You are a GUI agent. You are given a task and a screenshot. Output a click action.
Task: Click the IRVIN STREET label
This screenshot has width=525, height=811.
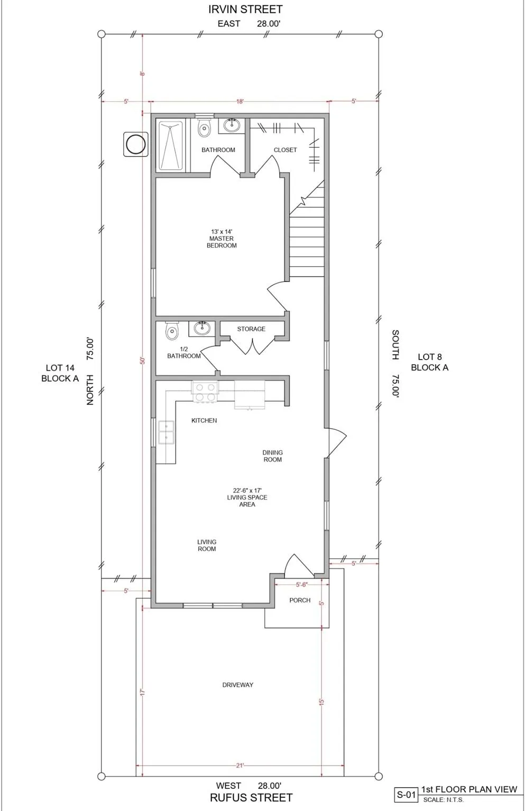(245, 10)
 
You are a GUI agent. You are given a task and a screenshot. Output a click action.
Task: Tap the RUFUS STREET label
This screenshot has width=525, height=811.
(251, 798)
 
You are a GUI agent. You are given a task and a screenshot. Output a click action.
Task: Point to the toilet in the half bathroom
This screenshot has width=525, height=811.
(172, 330)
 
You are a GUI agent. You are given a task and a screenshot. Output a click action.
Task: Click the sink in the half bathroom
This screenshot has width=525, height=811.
(201, 328)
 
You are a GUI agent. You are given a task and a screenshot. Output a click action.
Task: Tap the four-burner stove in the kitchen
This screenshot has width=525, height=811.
(205, 392)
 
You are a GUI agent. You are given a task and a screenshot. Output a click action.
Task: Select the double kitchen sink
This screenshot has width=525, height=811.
(166, 432)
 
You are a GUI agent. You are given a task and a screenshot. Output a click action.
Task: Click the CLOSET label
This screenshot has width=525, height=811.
(285, 150)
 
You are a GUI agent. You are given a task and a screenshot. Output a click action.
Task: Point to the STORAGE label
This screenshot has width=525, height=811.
(251, 329)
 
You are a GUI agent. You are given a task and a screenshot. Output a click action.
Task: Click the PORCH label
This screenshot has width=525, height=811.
(300, 600)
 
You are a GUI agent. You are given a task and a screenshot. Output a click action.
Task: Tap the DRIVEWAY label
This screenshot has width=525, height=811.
(238, 685)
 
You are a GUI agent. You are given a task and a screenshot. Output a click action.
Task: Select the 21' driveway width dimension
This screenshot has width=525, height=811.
(240, 766)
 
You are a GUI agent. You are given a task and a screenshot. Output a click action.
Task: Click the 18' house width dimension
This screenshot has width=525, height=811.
(240, 101)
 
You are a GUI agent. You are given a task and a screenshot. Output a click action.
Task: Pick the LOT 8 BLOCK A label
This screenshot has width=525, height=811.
(430, 362)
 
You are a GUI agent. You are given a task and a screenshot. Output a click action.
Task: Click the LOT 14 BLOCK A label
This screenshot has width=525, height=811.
(60, 373)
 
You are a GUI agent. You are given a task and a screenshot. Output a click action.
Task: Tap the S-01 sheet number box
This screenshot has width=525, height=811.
(406, 795)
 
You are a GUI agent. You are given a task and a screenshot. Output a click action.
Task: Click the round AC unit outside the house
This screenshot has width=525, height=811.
(135, 144)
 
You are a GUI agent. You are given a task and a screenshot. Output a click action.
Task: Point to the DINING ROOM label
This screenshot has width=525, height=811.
(273, 456)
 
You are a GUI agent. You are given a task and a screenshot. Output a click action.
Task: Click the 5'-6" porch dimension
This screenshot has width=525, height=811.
(302, 584)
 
